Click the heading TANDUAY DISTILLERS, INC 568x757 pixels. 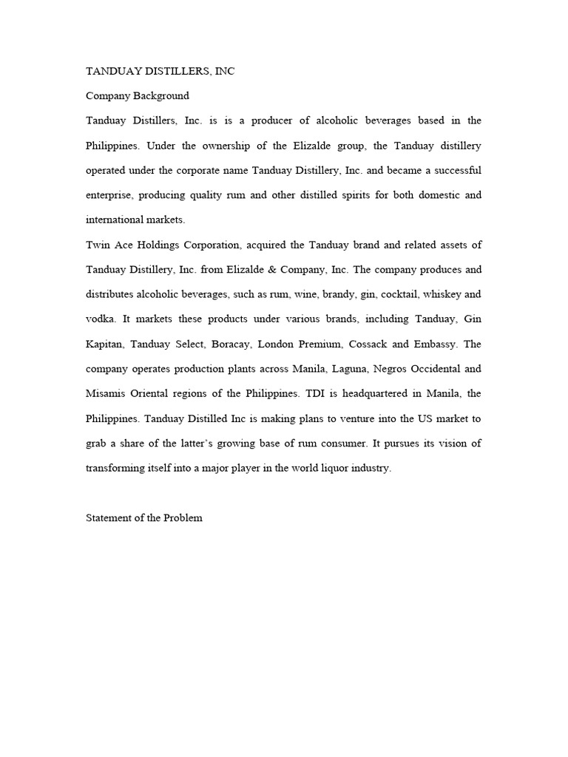click(160, 71)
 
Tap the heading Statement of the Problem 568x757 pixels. click(144, 518)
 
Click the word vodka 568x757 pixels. click(101, 319)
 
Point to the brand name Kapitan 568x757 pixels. click(106, 344)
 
